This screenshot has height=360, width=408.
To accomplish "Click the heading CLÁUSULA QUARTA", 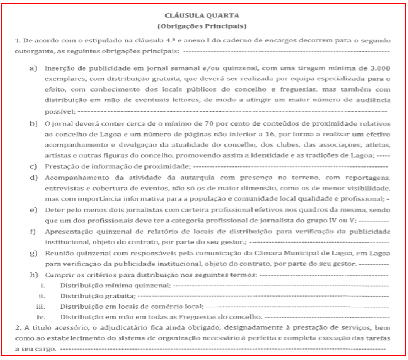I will (205, 16).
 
